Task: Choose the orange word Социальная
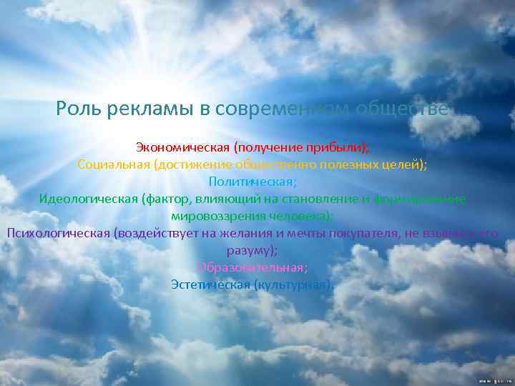click(x=112, y=164)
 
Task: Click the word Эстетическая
click(x=210, y=284)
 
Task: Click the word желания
click(x=215, y=233)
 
